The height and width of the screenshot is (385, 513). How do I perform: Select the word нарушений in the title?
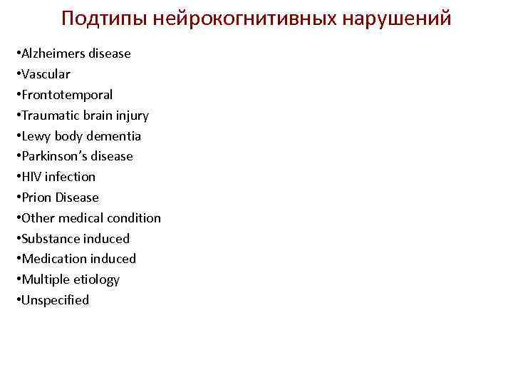[396, 19]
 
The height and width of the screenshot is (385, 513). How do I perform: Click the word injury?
[131, 115]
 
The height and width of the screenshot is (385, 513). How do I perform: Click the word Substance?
[48, 239]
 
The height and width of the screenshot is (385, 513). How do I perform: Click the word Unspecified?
[53, 300]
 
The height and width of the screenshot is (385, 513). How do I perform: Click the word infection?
[70, 177]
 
